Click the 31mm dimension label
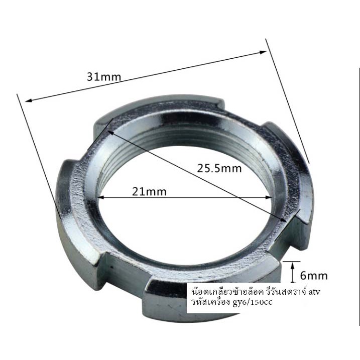click(x=104, y=77)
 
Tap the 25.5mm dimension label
click(x=219, y=168)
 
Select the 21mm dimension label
click(x=149, y=192)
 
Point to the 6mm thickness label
click(x=314, y=275)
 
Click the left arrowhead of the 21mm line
click(x=101, y=197)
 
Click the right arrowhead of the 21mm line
click(x=269, y=197)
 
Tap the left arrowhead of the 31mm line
click(x=29, y=100)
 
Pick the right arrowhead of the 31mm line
click(x=263, y=52)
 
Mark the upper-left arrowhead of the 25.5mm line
click(x=110, y=133)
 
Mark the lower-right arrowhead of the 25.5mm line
click(x=284, y=220)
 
